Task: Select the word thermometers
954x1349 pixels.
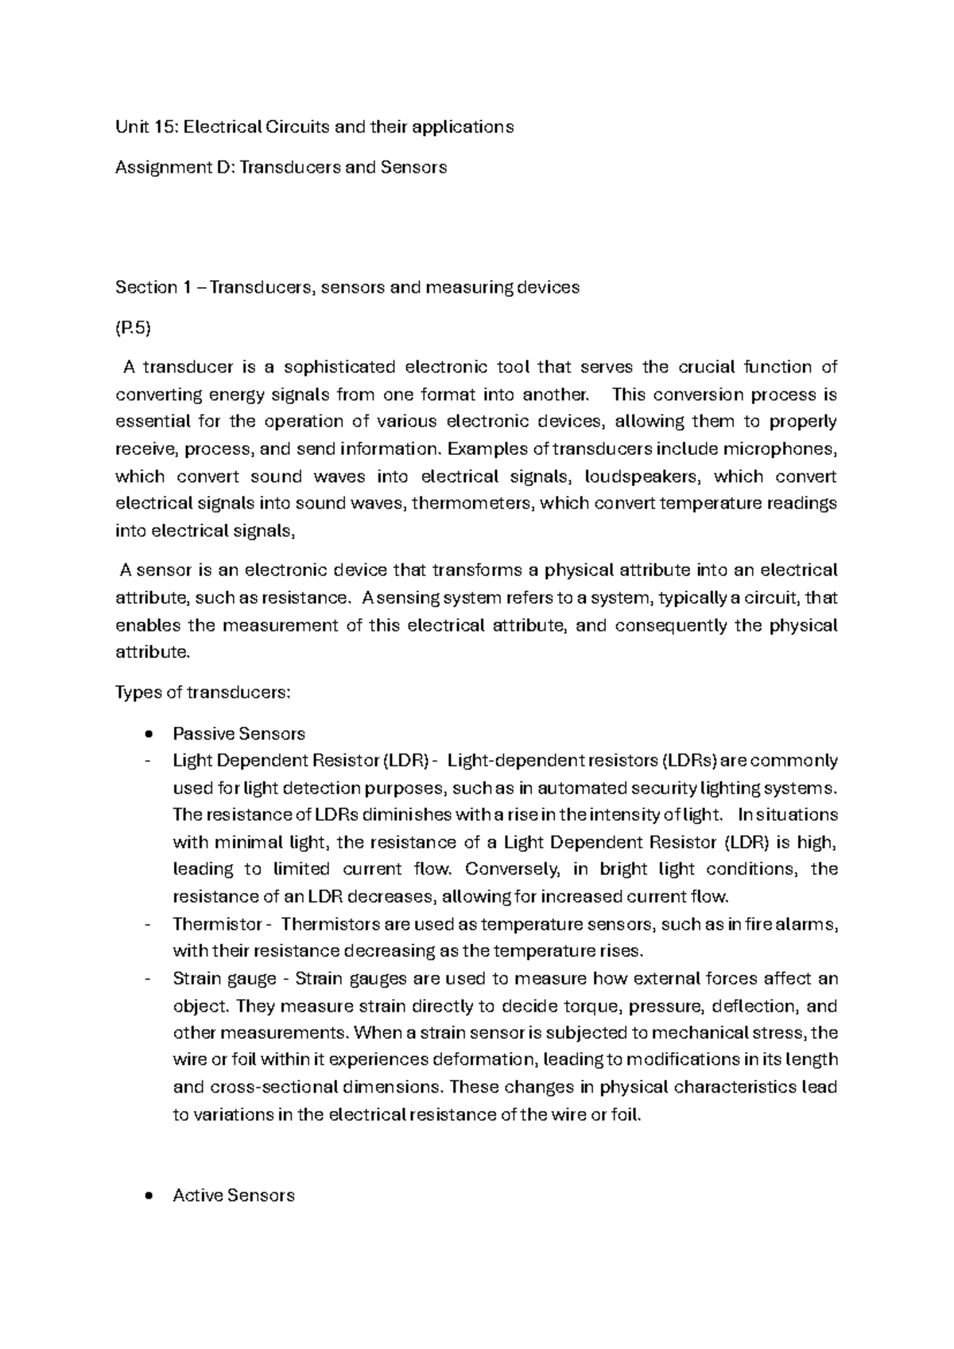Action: pos(473,503)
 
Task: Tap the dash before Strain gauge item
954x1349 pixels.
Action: pos(148,979)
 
